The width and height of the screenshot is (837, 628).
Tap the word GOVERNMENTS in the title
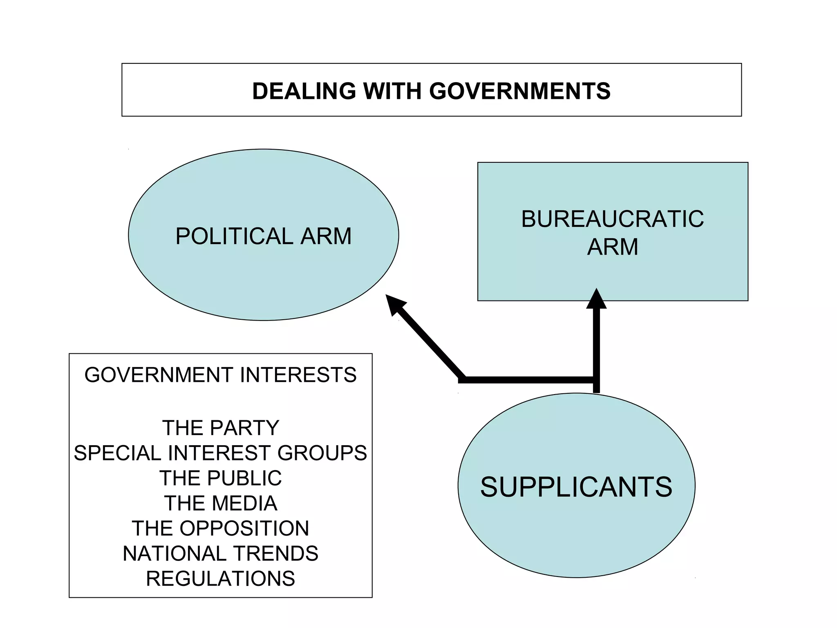519,91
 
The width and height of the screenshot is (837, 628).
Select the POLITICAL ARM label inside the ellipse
263,236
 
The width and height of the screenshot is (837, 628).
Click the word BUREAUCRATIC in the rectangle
612,219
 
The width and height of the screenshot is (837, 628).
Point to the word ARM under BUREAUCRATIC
612,247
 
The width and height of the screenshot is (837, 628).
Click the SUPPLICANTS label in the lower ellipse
576,487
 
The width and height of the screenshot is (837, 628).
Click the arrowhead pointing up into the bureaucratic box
596,299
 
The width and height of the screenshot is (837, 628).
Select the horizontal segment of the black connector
527,380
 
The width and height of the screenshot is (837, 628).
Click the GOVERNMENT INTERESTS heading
220,375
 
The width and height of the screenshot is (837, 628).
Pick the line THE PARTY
220,428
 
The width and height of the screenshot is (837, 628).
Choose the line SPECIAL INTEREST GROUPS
220,453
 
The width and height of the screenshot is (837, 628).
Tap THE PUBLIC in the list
220,478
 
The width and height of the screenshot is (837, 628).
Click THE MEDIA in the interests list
220,503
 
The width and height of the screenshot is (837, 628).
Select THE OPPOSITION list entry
220,528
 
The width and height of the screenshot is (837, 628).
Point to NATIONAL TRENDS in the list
220,553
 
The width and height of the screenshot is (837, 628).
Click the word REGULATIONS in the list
220,578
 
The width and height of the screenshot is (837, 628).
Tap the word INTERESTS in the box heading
298,375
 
